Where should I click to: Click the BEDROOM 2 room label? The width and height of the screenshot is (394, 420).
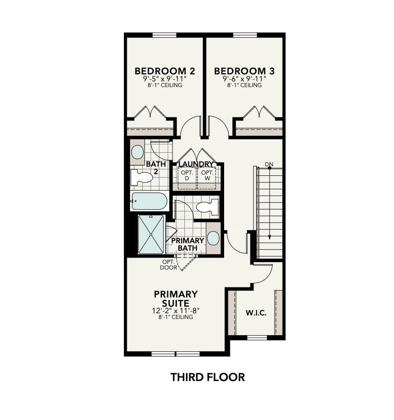pyautogui.click(x=165, y=71)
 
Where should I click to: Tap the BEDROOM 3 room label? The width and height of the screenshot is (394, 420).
pyautogui.click(x=244, y=71)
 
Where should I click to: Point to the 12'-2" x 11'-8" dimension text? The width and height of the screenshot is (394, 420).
pyautogui.click(x=176, y=311)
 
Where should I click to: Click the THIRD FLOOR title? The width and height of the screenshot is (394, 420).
pyautogui.click(x=208, y=377)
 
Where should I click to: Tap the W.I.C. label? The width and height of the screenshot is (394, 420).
pyautogui.click(x=256, y=313)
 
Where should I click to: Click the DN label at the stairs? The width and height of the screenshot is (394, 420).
pyautogui.click(x=269, y=164)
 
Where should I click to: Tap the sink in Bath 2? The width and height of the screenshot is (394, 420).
pyautogui.click(x=137, y=152)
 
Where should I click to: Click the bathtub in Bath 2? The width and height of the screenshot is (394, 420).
pyautogui.click(x=149, y=202)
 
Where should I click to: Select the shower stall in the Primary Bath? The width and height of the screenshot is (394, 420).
pyautogui.click(x=151, y=234)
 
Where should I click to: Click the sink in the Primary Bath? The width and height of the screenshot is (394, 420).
pyautogui.click(x=213, y=238)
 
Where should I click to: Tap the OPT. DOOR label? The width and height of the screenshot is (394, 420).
pyautogui.click(x=169, y=265)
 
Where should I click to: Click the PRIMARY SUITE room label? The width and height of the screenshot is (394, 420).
pyautogui.click(x=176, y=298)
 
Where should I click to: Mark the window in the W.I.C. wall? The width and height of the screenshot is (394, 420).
pyautogui.click(x=257, y=337)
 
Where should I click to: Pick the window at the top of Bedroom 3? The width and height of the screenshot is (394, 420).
pyautogui.click(x=245, y=35)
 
